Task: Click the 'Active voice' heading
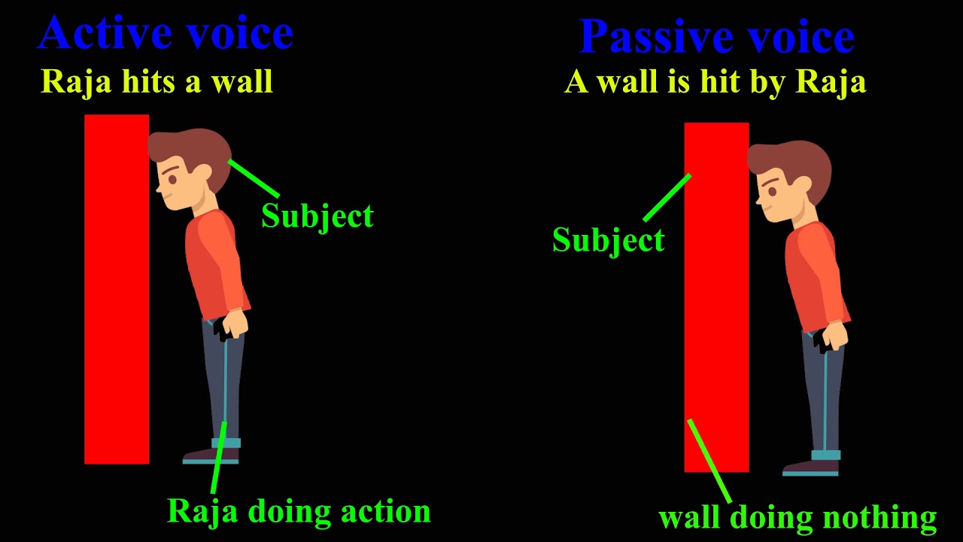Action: point(166,33)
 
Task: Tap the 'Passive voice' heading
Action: point(717,36)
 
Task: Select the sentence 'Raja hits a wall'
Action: point(156,81)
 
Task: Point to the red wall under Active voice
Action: point(117,289)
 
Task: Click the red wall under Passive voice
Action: point(717,297)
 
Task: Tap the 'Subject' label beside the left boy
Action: point(317,216)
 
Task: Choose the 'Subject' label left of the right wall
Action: point(609,240)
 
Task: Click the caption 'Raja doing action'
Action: point(299,512)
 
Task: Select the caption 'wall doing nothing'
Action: point(797,517)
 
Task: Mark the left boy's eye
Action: point(173,179)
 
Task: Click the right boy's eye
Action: point(773,192)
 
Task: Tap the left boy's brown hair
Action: point(192,155)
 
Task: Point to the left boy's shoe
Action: point(211,456)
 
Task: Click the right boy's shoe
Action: point(811,468)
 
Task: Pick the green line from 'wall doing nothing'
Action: point(709,461)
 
